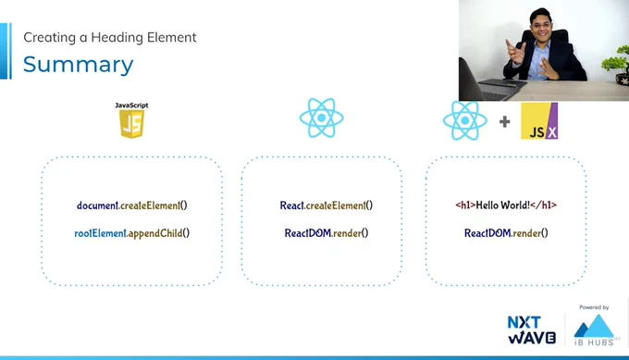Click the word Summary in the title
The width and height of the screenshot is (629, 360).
(x=79, y=65)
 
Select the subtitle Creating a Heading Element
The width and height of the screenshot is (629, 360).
(x=110, y=37)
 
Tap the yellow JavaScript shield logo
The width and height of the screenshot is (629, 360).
(x=131, y=124)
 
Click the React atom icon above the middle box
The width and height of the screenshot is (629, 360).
(x=321, y=118)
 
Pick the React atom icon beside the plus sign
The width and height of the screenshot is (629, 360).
(x=465, y=120)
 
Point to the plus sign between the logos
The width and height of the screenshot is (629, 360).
(x=505, y=121)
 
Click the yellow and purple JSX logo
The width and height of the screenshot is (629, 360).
(x=539, y=121)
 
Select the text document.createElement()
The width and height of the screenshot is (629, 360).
(x=132, y=205)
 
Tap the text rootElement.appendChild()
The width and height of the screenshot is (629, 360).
(x=132, y=233)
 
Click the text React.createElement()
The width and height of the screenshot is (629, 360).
(x=327, y=205)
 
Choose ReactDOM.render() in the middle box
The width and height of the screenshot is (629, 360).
(x=327, y=233)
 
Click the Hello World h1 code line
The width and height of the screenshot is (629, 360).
(x=506, y=205)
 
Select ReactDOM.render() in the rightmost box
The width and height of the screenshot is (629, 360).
(x=506, y=233)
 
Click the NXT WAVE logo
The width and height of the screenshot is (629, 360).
(x=532, y=329)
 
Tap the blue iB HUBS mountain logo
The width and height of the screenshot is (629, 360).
(x=594, y=330)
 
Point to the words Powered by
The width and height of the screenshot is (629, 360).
(x=594, y=307)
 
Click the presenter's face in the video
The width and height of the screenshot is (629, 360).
(x=539, y=27)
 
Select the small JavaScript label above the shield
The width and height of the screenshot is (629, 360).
(x=131, y=106)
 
